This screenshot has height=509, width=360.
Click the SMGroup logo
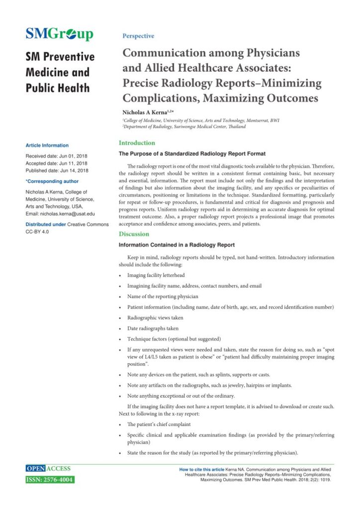point(59,34)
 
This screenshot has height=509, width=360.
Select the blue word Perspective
point(138,36)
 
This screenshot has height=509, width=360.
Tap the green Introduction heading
point(137,143)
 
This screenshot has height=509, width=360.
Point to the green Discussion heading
point(134,234)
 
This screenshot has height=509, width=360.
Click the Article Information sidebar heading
point(47,146)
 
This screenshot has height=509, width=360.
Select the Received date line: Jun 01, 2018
point(56,156)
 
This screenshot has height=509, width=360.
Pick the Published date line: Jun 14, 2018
point(57,170)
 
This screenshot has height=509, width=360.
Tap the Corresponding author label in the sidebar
point(52,181)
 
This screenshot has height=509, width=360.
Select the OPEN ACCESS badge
point(48,469)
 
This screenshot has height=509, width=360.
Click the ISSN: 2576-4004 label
point(50,480)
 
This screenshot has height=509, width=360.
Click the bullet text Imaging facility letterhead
point(156,275)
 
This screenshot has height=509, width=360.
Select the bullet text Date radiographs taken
point(153,329)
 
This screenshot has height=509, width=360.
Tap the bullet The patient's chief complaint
point(159,424)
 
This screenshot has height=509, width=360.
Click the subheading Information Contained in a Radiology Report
point(177,245)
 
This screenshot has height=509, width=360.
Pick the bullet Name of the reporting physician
point(163,296)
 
